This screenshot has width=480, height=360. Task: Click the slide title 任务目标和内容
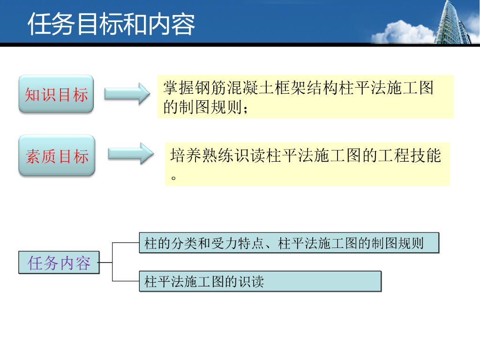[111, 24]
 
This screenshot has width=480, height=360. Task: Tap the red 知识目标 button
[56, 94]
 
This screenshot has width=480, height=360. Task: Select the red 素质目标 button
[57, 156]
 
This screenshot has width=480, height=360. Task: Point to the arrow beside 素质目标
[131, 153]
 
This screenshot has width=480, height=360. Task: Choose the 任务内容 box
[59, 262]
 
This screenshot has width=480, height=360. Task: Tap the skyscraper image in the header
[453, 22]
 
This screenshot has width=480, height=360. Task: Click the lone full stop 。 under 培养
[174, 178]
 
